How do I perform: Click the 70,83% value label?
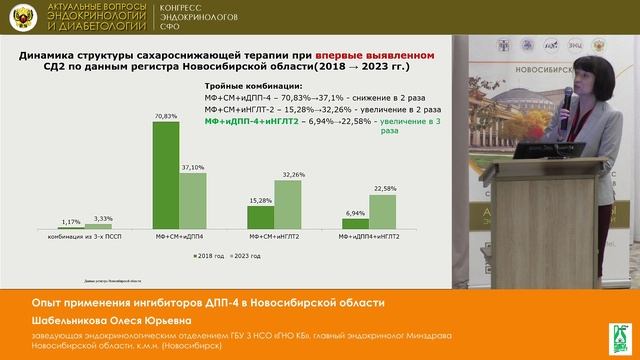(166, 117)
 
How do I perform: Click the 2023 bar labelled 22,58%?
(384, 213)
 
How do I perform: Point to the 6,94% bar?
(356, 226)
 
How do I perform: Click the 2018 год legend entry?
(212, 256)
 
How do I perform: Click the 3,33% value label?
(103, 218)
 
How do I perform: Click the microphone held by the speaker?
(567, 99)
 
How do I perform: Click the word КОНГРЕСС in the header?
(184, 9)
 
